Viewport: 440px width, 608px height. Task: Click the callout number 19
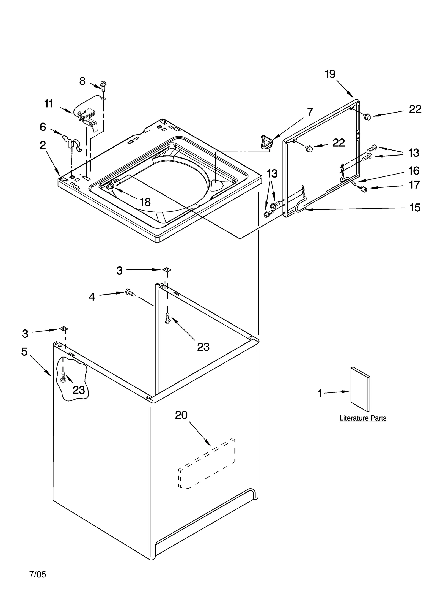point(330,74)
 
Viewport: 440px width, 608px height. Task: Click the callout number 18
point(145,202)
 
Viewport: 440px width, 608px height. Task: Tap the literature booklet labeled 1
point(360,389)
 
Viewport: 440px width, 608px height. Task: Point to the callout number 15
point(415,208)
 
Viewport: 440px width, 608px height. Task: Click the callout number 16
point(414,171)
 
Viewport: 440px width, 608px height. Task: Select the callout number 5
point(24,351)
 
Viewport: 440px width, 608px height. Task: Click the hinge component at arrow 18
point(110,187)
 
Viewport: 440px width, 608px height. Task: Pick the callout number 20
point(181,415)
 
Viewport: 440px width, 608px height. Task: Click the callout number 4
point(92,297)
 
